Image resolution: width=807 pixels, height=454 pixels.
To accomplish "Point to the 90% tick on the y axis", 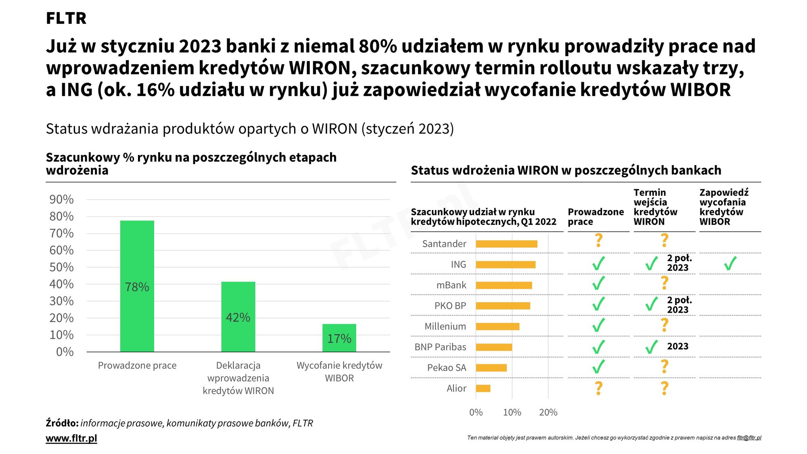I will pos(61,199).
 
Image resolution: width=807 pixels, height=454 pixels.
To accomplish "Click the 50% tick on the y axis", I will pos(61,267).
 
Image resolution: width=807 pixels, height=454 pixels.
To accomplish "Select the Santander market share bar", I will pos(506,244).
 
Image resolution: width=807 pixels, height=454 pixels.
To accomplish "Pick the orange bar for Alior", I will pos(483,388).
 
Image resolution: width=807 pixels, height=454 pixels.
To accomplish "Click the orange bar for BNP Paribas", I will pos(494,347).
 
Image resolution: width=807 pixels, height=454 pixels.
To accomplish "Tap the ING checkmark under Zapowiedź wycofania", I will pos(730,264).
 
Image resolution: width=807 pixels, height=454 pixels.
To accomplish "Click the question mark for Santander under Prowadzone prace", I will pos(599,241).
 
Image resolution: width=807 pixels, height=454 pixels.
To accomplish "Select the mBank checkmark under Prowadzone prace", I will pos(599,283).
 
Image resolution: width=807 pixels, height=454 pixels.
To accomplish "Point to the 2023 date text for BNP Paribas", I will pos(677,346).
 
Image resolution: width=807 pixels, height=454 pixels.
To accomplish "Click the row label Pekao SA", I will pos(446,368).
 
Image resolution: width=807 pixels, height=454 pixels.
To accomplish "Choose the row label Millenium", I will pos(445,326).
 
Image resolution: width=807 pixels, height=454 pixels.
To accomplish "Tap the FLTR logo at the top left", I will pos(66,18).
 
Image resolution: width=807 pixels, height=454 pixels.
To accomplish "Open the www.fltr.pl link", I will pos(71,438).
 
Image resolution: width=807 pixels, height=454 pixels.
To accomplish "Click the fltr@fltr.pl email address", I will pos(749,437).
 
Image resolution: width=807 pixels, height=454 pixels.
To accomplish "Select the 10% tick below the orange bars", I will pos(512,412).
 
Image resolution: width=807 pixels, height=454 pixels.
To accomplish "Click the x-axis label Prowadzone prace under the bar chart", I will pos(137,366).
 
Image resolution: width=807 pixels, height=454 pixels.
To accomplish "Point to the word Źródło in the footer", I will pos(62,423).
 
